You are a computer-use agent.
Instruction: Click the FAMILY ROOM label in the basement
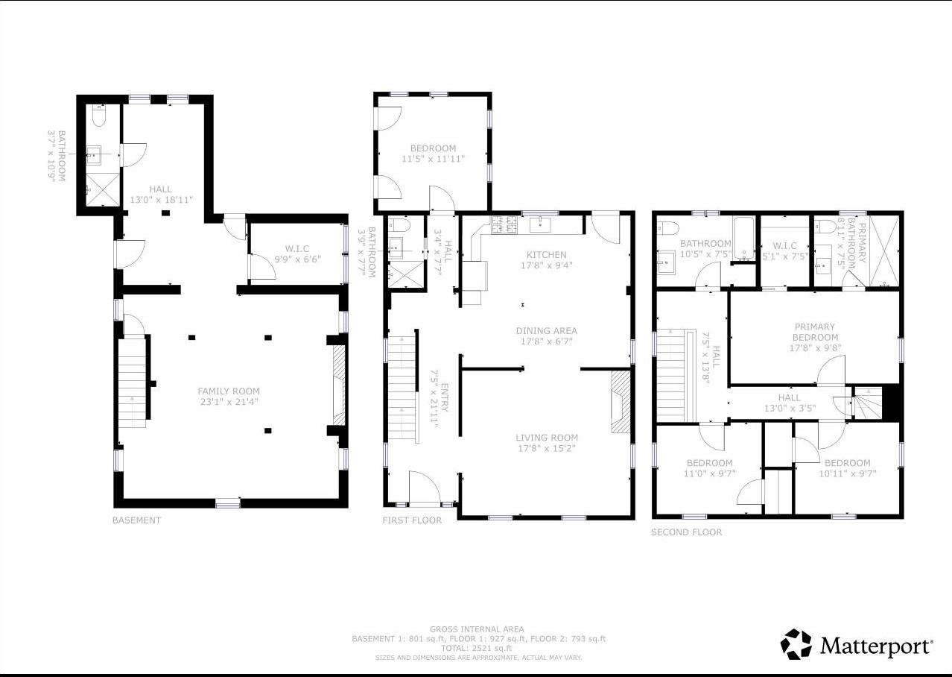tap(229, 391)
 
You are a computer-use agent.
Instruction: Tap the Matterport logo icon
tap(796, 644)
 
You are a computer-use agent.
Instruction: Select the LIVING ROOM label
tap(548, 438)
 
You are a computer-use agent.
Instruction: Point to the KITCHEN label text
tap(547, 255)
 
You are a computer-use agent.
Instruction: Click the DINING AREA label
tap(547, 331)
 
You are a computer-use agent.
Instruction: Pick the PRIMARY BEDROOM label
tap(814, 332)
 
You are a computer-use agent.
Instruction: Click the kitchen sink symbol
tap(540, 224)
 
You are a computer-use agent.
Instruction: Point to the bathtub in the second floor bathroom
tap(744, 239)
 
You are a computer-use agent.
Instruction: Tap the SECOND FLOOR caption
tap(686, 532)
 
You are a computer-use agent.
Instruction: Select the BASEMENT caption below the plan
tap(136, 520)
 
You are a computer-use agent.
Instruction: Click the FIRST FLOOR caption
tap(412, 520)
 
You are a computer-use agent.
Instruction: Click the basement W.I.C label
tap(296, 248)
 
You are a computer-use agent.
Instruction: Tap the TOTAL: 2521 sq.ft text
tap(476, 649)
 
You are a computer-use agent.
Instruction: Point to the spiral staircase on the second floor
tap(866, 403)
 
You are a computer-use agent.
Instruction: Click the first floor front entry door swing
tap(427, 489)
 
